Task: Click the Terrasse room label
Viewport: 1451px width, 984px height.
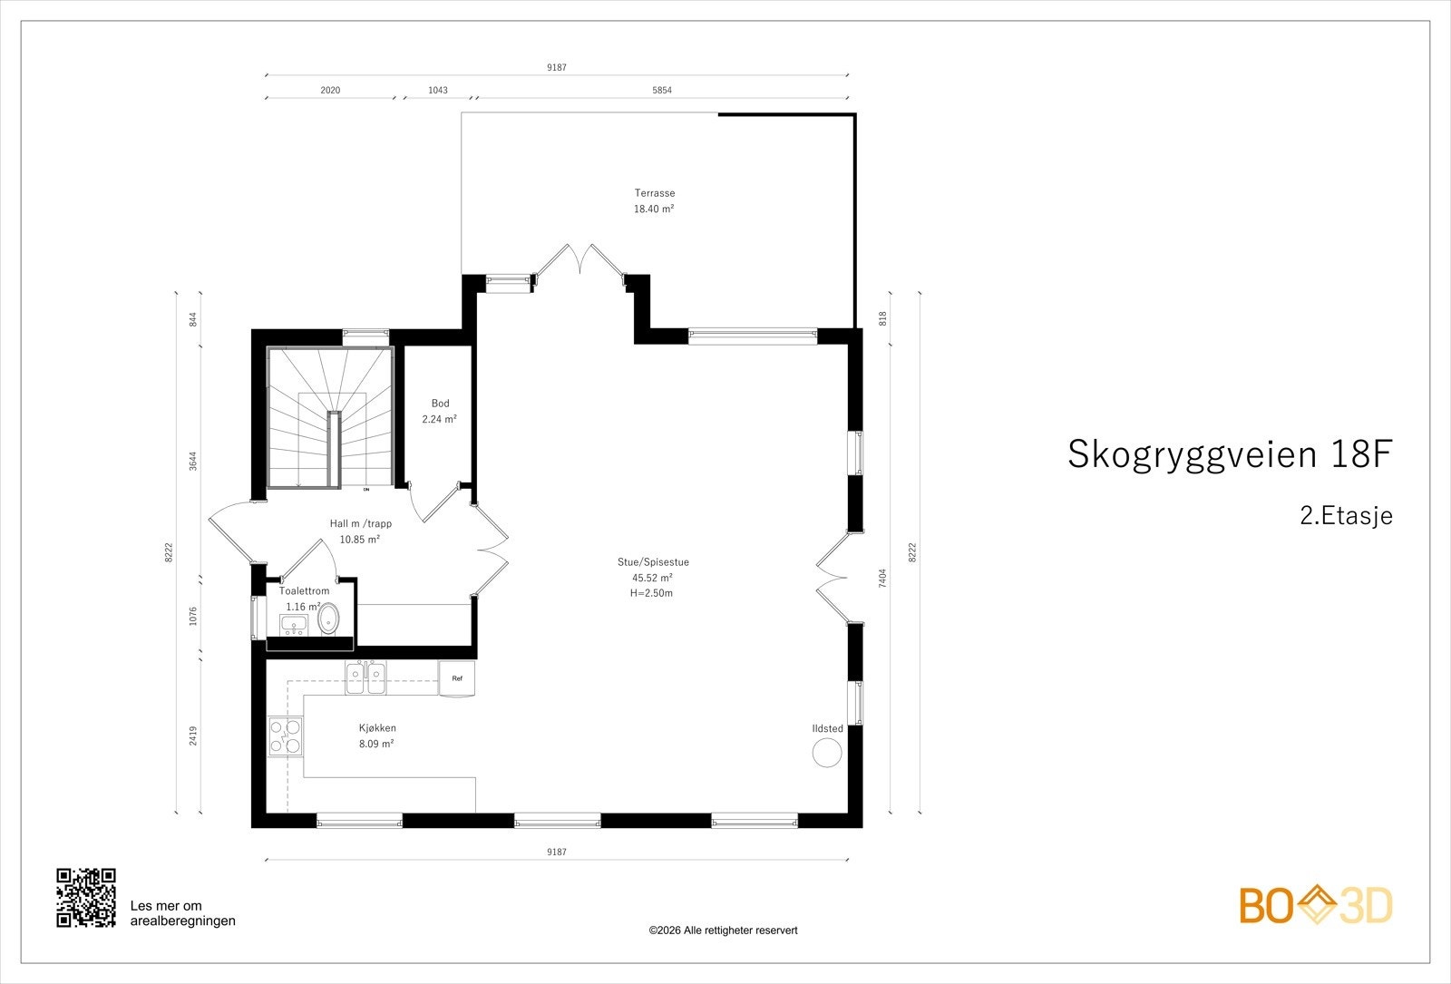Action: pyautogui.click(x=654, y=193)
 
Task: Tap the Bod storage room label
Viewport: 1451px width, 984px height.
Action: pyautogui.click(x=440, y=404)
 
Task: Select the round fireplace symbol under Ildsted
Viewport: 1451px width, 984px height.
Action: pyautogui.click(x=827, y=753)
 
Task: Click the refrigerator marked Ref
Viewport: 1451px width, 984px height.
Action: pyautogui.click(x=457, y=678)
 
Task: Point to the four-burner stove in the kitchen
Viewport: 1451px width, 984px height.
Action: pyautogui.click(x=285, y=736)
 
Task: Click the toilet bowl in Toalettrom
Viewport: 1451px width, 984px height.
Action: pyautogui.click(x=327, y=621)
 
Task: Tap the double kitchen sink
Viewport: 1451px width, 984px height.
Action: pyautogui.click(x=366, y=677)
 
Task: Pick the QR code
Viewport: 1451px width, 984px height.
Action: pyautogui.click(x=86, y=898)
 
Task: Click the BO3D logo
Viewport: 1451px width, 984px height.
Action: pyautogui.click(x=1316, y=906)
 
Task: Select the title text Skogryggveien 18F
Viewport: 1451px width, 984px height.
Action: pyautogui.click(x=1229, y=454)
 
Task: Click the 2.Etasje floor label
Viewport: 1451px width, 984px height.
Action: pyautogui.click(x=1346, y=516)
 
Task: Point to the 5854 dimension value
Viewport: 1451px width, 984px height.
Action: pyautogui.click(x=662, y=91)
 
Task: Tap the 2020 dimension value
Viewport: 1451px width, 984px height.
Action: pyautogui.click(x=330, y=91)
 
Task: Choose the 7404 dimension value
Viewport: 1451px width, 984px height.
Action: pyautogui.click(x=882, y=578)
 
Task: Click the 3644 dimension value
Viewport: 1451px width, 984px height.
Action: pyautogui.click(x=192, y=462)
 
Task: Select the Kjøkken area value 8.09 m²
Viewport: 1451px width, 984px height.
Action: pyautogui.click(x=376, y=744)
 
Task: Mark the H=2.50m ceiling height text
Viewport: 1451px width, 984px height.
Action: pyautogui.click(x=651, y=593)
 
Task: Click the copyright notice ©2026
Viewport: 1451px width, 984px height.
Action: pyautogui.click(x=723, y=930)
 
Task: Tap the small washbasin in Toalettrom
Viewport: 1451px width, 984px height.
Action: pyautogui.click(x=294, y=624)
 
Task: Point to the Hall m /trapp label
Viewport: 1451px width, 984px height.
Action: pyautogui.click(x=360, y=523)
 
